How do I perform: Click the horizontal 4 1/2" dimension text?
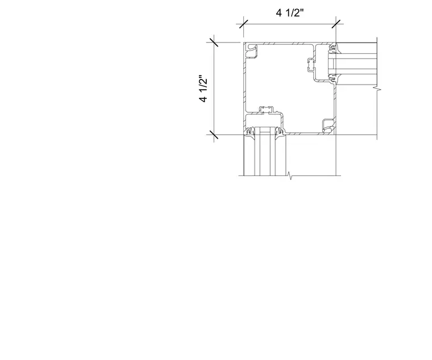290,13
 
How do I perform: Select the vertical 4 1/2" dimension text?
203,89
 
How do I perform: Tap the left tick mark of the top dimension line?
243,24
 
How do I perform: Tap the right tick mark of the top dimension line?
336,24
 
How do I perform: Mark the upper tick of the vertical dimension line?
214,43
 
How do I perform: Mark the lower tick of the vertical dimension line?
214,135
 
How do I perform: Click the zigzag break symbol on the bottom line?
289,175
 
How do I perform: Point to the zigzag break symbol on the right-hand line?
377,89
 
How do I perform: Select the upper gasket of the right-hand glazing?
333,48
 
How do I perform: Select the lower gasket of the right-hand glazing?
333,78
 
